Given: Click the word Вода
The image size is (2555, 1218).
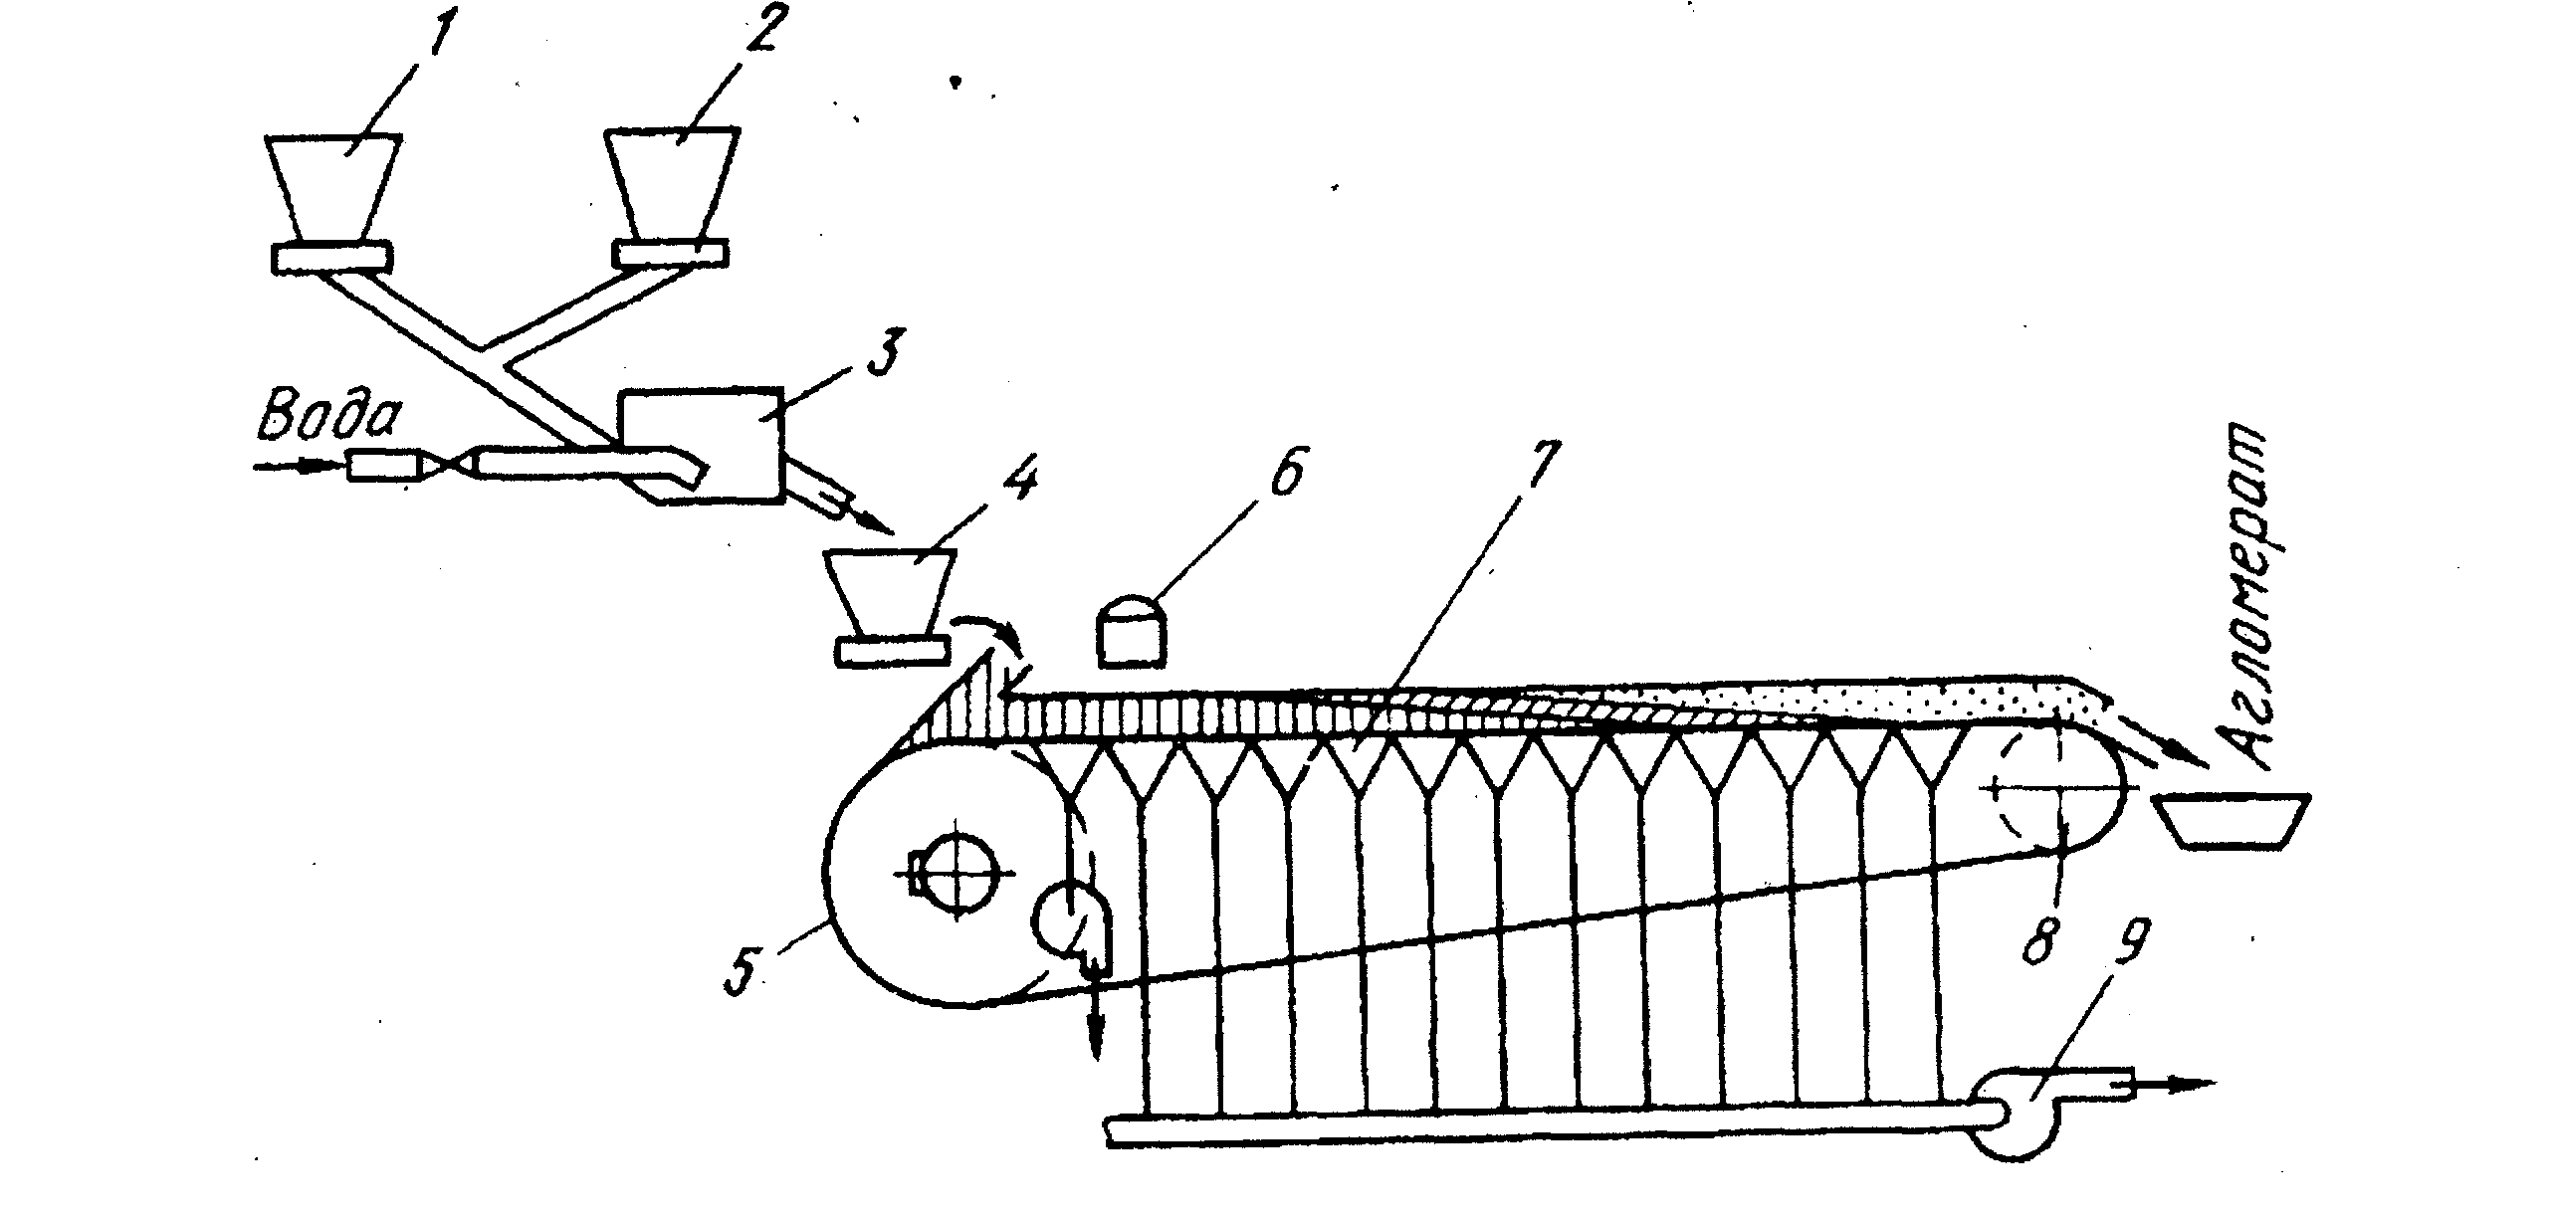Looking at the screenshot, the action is [329, 418].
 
